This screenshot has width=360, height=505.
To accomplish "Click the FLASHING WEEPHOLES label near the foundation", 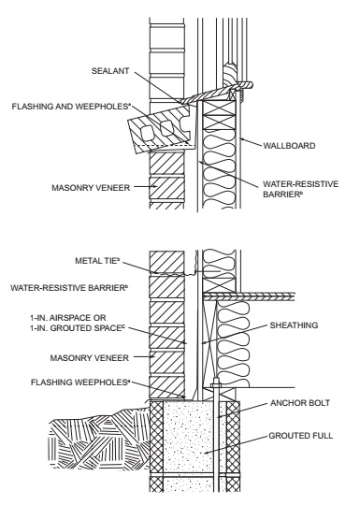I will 79,382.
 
